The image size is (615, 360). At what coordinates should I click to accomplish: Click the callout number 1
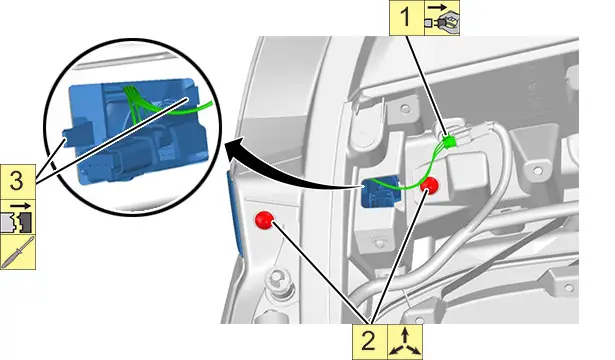pyautogui.click(x=406, y=18)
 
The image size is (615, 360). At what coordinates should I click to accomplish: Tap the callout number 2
pyautogui.click(x=369, y=341)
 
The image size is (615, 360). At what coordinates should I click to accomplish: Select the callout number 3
pyautogui.click(x=16, y=182)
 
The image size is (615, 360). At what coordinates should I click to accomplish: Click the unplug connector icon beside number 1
pyautogui.click(x=442, y=18)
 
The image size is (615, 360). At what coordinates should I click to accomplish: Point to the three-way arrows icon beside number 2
pyautogui.click(x=405, y=342)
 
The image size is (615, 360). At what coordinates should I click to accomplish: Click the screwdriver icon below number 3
pyautogui.click(x=18, y=252)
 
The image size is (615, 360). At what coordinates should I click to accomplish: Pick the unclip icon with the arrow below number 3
pyautogui.click(x=18, y=217)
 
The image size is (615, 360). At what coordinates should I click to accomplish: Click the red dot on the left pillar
pyautogui.click(x=264, y=220)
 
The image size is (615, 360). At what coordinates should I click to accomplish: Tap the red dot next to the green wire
pyautogui.click(x=429, y=185)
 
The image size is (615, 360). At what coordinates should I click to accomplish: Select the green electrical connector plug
pyautogui.click(x=449, y=141)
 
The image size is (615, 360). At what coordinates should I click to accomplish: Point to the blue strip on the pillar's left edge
pyautogui.click(x=236, y=212)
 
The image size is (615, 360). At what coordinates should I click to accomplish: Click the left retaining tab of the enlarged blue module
pyautogui.click(x=78, y=133)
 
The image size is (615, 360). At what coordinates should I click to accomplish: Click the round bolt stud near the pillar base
pyautogui.click(x=277, y=279)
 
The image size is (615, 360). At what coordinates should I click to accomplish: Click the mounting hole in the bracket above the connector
pyautogui.click(x=405, y=108)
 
